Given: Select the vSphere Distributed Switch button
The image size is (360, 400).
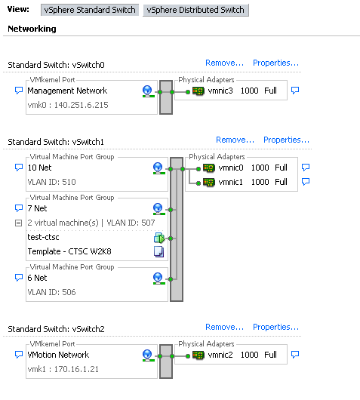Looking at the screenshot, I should [196, 10].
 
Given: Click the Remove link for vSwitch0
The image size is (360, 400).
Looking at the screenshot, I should [224, 63].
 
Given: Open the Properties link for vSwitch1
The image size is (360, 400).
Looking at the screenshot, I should [286, 140].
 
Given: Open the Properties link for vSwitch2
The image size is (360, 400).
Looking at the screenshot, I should [275, 327].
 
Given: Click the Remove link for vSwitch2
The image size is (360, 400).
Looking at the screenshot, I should [224, 327].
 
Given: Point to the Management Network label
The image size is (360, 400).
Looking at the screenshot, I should [67, 91].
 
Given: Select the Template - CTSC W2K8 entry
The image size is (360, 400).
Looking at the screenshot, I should [69, 251].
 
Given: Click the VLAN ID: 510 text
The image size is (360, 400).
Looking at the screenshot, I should [51, 182].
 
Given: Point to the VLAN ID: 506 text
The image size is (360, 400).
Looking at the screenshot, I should [51, 292].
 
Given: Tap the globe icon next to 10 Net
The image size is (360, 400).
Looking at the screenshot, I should [158, 168].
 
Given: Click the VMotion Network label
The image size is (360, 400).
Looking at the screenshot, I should [58, 355].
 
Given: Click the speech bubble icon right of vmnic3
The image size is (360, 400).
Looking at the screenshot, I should [295, 91].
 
